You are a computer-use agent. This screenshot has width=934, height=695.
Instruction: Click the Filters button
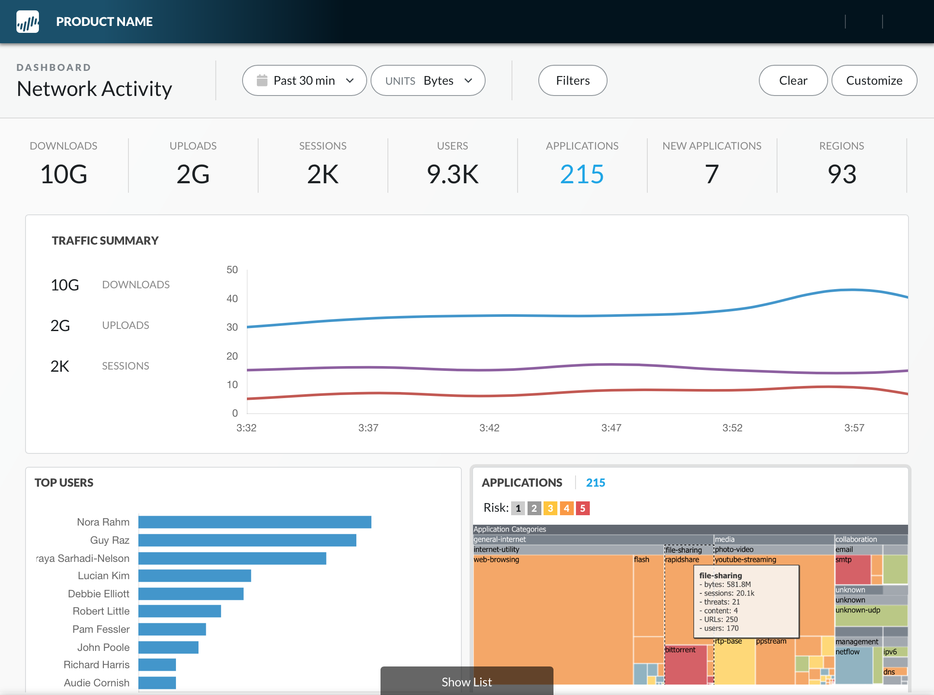coord(573,81)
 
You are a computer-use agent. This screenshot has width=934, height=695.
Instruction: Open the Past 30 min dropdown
coord(304,81)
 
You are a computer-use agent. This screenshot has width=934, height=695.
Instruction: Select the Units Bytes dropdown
coord(428,81)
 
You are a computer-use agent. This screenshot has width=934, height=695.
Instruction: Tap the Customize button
coord(874,81)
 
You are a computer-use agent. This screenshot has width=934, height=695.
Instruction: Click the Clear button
coord(793,81)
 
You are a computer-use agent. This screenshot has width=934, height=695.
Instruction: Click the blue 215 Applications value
coord(582,174)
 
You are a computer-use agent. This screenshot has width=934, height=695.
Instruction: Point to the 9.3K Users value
coord(452,174)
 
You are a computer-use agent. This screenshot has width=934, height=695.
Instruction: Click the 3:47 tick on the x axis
coord(611,428)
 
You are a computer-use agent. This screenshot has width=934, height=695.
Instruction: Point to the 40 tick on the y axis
coord(232,299)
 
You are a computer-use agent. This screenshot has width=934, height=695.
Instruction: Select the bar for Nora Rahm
coord(255,522)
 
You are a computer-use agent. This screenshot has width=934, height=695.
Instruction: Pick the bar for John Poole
coord(168,647)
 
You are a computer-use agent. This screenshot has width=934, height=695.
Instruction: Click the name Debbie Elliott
coord(99,594)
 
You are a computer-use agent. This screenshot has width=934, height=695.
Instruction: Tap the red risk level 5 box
coord(582,508)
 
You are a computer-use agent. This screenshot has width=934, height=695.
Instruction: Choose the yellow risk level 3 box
coord(550,508)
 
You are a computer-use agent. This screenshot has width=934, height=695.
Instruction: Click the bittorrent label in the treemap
coord(680,650)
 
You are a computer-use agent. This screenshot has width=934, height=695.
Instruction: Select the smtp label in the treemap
coord(844,560)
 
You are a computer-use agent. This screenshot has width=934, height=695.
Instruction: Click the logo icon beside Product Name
coord(28,22)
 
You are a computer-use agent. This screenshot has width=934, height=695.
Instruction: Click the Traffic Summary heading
coord(105,241)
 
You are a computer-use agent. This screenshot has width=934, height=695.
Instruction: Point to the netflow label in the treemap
coord(848,652)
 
